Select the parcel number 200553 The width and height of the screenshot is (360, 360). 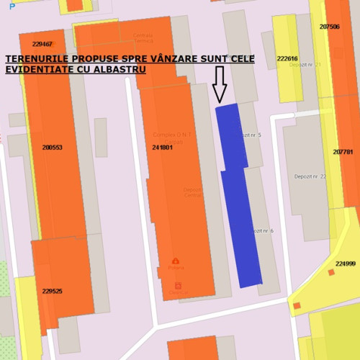tap(52, 148)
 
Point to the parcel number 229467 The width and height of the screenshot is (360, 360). tap(42, 44)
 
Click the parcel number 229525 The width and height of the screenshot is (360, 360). tap(52, 292)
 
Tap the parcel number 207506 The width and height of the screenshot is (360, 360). tap(329, 26)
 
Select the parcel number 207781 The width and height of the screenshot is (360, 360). tap(343, 152)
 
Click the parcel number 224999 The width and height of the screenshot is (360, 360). tap(345, 264)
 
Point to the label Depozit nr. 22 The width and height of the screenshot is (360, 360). tap(310, 176)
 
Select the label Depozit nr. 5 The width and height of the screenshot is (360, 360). tap(251, 135)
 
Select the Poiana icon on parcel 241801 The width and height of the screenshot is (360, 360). tap(175, 261)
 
